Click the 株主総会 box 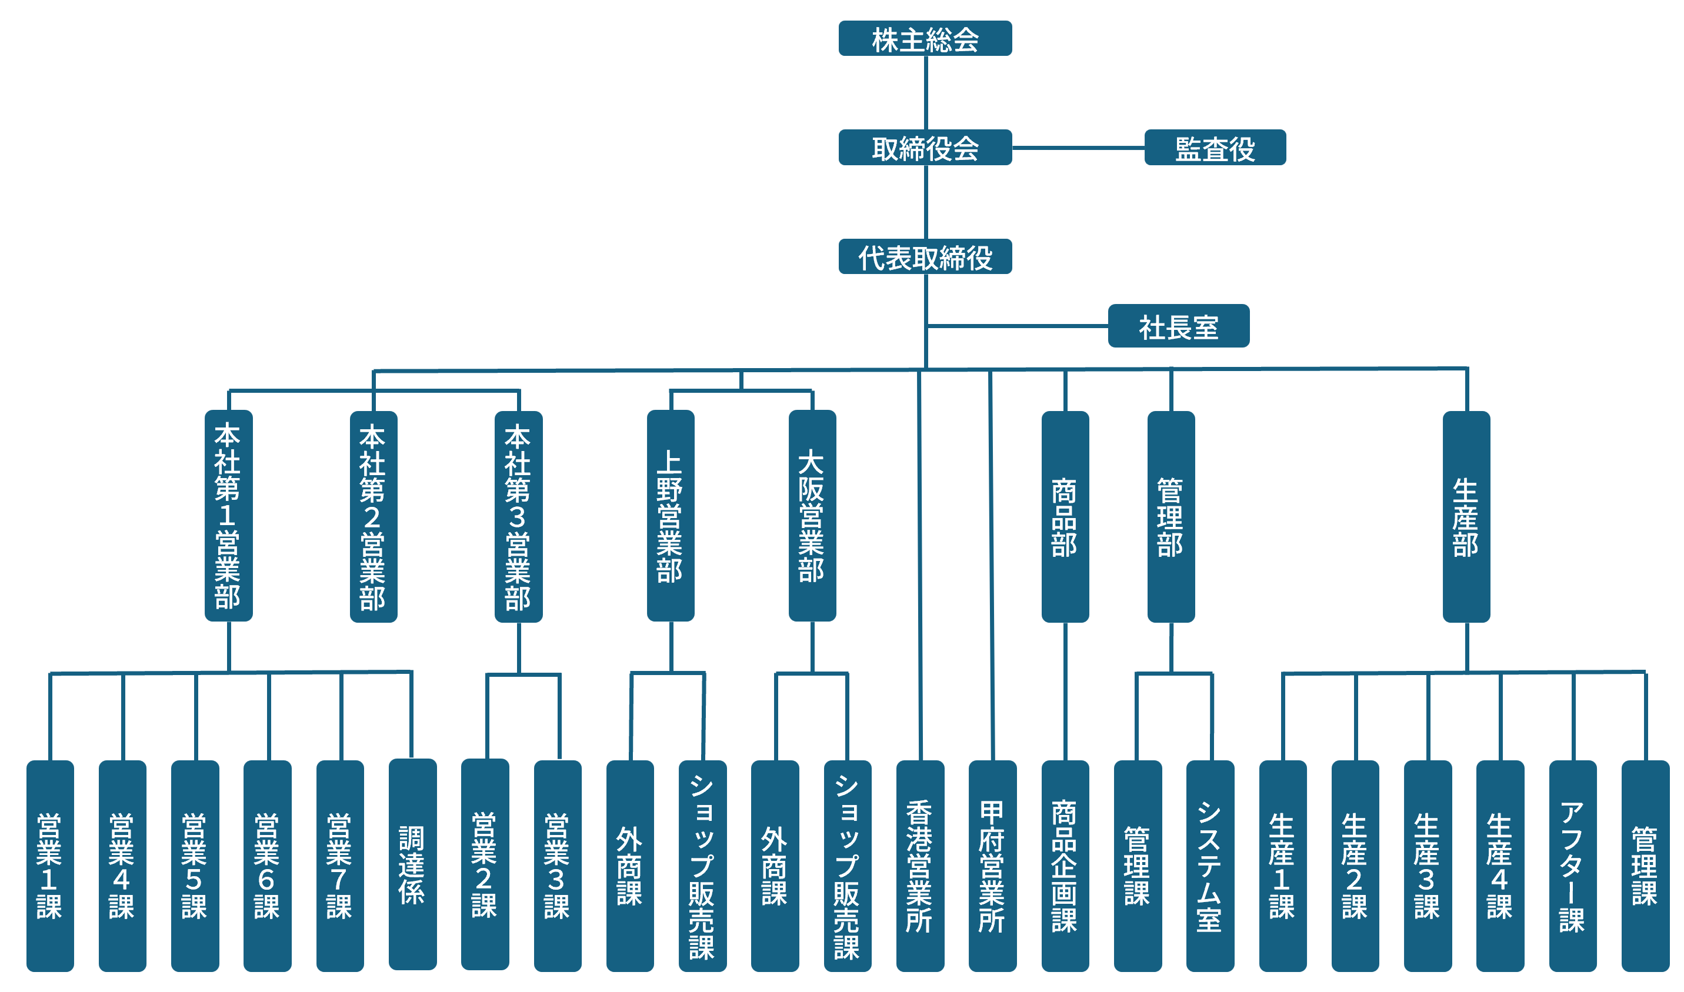click(x=925, y=39)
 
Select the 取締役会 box click(x=925, y=148)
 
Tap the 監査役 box click(x=1215, y=148)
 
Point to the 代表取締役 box click(x=925, y=257)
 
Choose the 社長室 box click(x=1178, y=326)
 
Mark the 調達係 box click(x=412, y=864)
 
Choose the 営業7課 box click(x=339, y=866)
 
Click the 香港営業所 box click(x=920, y=866)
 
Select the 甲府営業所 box click(x=992, y=866)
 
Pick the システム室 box click(x=1209, y=866)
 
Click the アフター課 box click(x=1572, y=866)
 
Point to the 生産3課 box click(x=1428, y=866)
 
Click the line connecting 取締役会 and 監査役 click(x=1078, y=148)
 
